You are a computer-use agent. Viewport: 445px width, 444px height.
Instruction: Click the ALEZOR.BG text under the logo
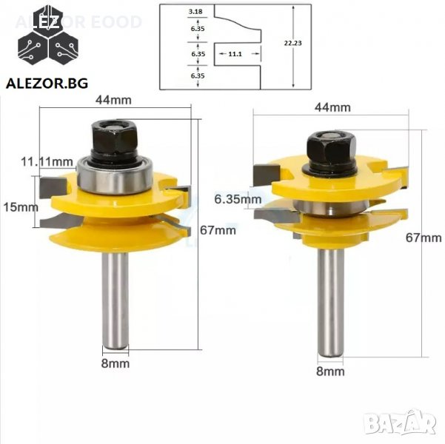[x=47, y=84]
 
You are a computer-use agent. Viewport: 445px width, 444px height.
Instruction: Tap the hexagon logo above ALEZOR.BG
[x=48, y=35]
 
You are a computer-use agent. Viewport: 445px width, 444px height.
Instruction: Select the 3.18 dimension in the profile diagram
[x=195, y=12]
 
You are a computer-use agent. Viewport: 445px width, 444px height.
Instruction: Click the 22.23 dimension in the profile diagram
[x=293, y=43]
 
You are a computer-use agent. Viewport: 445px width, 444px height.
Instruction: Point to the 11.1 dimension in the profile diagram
[x=235, y=53]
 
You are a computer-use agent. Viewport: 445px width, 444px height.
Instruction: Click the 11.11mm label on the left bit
[x=47, y=162]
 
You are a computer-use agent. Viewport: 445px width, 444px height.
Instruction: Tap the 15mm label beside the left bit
[x=21, y=207]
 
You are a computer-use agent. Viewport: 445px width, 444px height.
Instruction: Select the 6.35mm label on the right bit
[x=238, y=199]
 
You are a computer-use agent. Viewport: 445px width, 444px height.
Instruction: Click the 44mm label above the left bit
[x=113, y=100]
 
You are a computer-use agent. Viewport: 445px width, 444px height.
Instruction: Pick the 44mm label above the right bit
[x=332, y=107]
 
